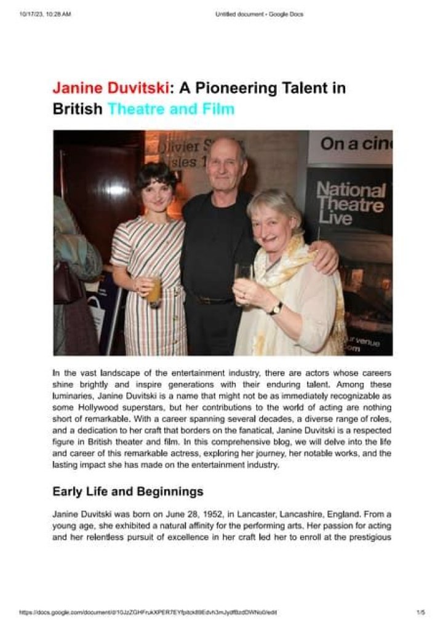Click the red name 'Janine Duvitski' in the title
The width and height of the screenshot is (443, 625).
coord(111,88)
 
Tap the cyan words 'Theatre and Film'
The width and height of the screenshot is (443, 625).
coord(171,109)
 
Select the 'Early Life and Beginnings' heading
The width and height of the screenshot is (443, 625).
coord(127,492)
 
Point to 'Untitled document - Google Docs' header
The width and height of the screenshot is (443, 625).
coord(259,14)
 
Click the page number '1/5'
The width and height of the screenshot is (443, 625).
coord(421,612)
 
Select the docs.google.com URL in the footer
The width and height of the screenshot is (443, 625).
coord(148,612)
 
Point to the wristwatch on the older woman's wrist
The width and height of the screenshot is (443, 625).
coord(277,308)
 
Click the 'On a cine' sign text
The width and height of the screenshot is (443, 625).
coord(356,144)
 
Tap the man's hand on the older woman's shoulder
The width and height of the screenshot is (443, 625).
coord(325,259)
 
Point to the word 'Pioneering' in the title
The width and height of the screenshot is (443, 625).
coord(223,88)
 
